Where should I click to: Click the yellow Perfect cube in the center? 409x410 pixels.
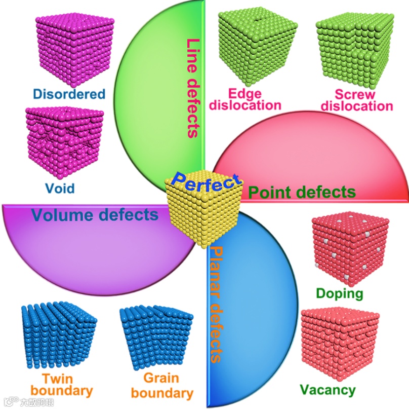(204, 213)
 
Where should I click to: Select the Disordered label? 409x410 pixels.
(69, 94)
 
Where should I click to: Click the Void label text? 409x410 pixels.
(59, 189)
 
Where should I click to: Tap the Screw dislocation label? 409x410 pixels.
(357, 100)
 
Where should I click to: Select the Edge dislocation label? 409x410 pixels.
(246, 99)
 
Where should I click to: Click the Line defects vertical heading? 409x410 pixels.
(192, 88)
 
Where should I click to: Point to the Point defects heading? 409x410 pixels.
(302, 192)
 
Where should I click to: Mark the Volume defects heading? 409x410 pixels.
(95, 214)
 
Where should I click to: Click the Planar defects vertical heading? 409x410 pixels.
(217, 304)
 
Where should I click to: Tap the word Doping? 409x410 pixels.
(339, 293)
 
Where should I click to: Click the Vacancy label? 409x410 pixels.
(328, 390)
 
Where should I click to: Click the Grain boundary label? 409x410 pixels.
(161, 385)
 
